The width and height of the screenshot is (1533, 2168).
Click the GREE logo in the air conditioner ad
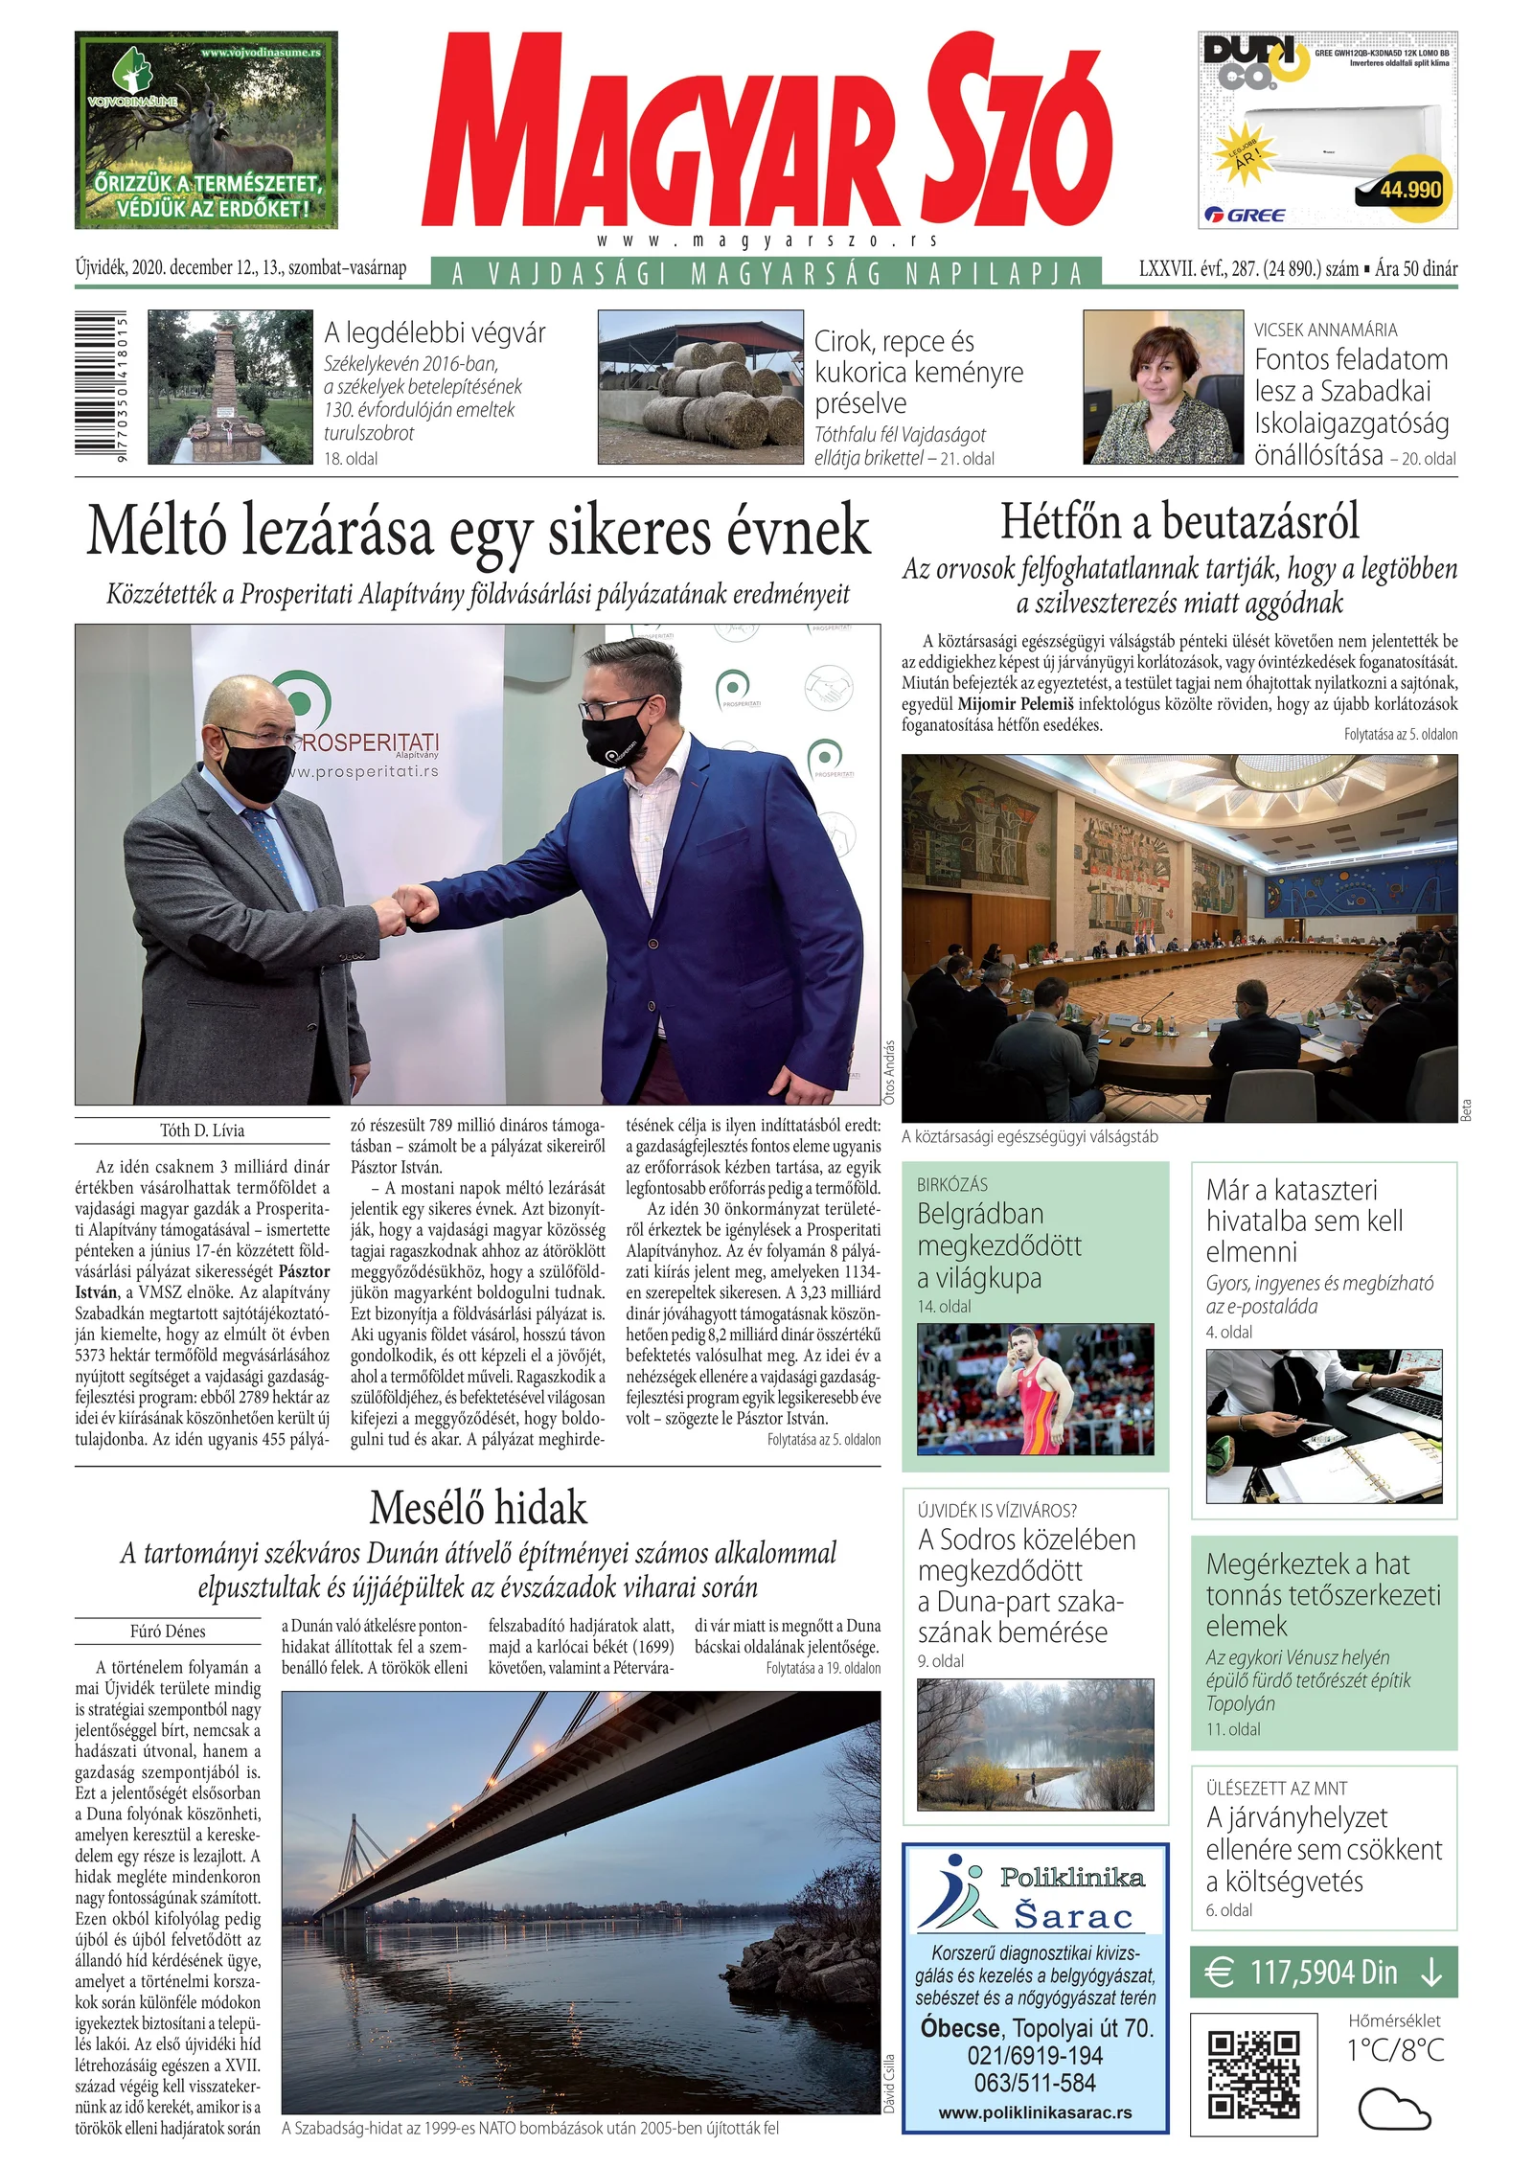pos(1245,215)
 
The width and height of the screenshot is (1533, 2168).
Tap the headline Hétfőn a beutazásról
pos(1179,522)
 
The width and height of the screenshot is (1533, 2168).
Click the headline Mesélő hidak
pos(478,1508)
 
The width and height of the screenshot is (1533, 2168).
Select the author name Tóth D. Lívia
pos(202,1130)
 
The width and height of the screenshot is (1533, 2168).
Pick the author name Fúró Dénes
pos(168,1632)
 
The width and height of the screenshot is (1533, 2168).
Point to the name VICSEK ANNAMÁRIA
pos(1325,330)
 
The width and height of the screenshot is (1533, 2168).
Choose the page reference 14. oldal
pos(944,1307)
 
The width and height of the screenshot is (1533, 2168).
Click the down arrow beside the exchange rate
pos(1431,1973)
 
